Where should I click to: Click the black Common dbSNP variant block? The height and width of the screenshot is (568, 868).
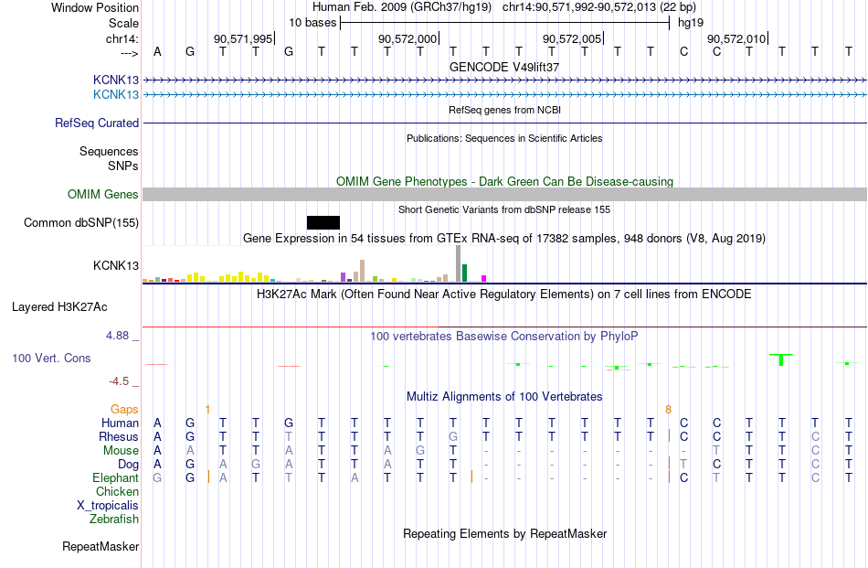(323, 222)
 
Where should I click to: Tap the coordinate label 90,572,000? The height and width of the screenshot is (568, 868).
(408, 39)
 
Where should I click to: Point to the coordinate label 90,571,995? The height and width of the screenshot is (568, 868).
(243, 39)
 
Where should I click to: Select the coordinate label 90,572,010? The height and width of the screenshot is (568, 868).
(736, 39)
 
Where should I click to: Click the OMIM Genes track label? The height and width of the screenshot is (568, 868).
(103, 194)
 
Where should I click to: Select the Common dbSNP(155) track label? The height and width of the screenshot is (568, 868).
(81, 222)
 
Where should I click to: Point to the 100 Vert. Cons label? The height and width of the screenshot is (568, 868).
(52, 358)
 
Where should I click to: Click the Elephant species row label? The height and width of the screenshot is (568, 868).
(115, 477)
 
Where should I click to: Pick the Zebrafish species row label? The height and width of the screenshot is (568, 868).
(114, 519)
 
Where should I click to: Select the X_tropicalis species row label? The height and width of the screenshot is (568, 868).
(108, 505)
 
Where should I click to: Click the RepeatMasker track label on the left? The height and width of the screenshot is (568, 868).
(101, 546)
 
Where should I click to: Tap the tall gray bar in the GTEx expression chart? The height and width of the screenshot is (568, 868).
(458, 265)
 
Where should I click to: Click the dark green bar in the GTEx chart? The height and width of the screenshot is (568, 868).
(464, 273)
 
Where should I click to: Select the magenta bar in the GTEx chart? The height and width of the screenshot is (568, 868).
(484, 278)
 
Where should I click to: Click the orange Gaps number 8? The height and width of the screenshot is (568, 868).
(669, 409)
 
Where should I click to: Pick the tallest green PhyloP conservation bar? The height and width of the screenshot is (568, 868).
(781, 359)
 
